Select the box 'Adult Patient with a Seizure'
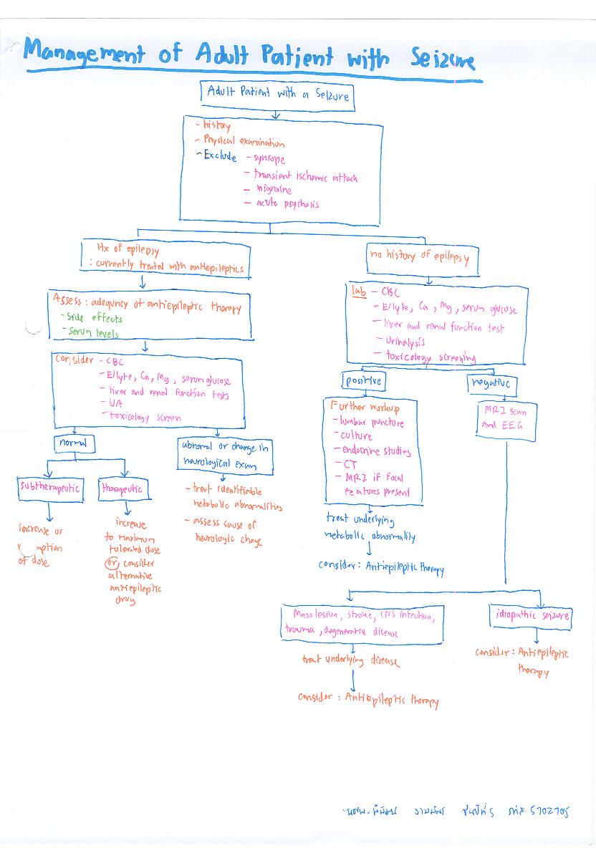[x=277, y=93]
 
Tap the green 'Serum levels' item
[x=92, y=333]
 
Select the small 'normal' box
[x=74, y=444]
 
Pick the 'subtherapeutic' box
[x=50, y=489]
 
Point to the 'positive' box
[x=363, y=380]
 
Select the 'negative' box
[x=491, y=384]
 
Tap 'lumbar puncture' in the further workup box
[x=372, y=423]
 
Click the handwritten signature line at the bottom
[x=455, y=811]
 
